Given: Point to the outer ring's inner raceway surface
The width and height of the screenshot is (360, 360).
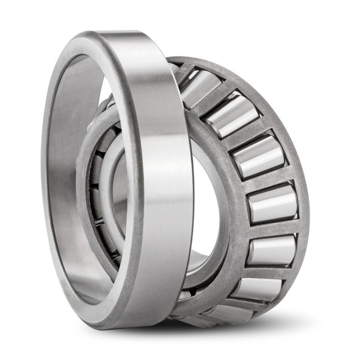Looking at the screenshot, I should [x=67, y=180].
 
